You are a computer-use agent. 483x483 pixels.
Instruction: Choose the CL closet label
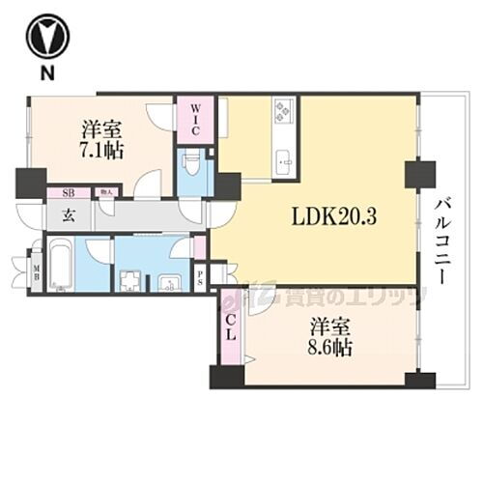point(232,331)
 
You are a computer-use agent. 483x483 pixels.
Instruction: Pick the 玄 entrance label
point(70,215)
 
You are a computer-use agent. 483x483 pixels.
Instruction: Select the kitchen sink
point(283,161)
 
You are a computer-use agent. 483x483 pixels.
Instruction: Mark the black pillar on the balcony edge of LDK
point(419,175)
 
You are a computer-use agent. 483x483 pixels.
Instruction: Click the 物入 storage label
point(105,192)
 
